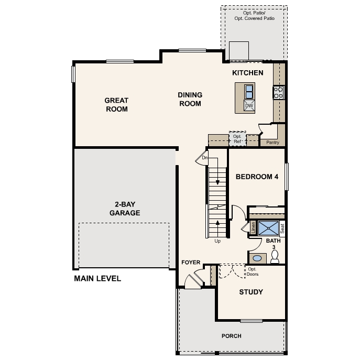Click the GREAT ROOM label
116,105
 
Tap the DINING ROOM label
190,99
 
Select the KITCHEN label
247,73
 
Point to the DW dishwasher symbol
249,106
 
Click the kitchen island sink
249,92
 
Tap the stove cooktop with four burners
278,93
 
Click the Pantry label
272,142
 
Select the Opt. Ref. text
237,139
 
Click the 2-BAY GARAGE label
124,209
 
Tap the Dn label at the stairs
205,158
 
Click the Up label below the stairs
218,242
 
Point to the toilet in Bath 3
275,257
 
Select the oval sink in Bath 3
257,258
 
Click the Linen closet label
253,228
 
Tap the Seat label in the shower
282,228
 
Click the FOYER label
191,262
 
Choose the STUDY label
250,292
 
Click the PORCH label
231,336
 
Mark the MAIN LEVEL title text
97,278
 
